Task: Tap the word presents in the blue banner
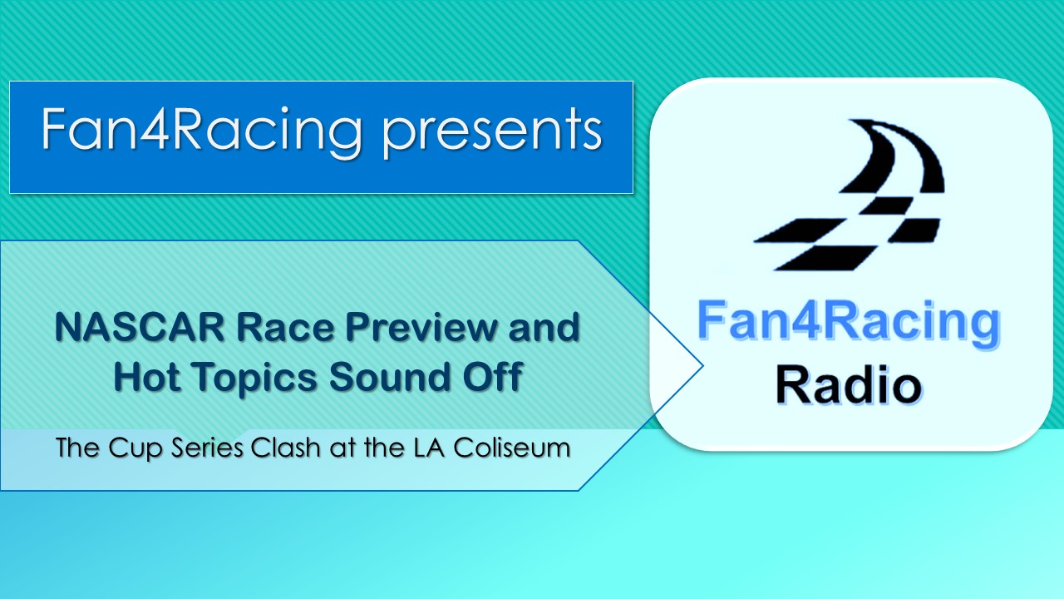pos(493,134)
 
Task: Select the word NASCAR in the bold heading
pos(140,328)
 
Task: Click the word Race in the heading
pos(285,328)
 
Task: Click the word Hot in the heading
pos(147,377)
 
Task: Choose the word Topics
pos(255,379)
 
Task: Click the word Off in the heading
pos(493,377)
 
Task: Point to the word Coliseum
pos(511,448)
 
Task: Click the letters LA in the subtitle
pos(429,448)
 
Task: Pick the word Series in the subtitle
pos(207,448)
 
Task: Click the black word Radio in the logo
pos(849,385)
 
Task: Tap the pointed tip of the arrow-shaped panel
pos(702,365)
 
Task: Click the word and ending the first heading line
pos(544,328)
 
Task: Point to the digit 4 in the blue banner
pos(154,129)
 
